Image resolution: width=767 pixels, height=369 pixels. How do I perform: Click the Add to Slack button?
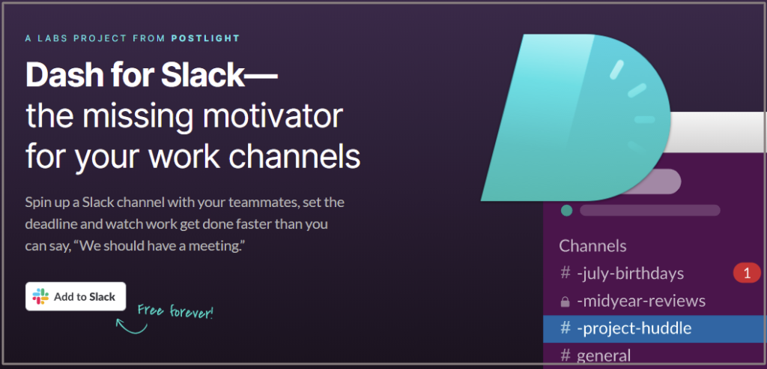coord(75,296)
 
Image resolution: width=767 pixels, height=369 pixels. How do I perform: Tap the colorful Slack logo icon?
coord(40,296)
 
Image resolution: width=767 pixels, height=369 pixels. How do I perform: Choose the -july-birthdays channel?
coord(630,274)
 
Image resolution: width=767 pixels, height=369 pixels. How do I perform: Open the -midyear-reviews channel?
coord(640,301)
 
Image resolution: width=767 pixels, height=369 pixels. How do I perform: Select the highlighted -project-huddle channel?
coord(634,328)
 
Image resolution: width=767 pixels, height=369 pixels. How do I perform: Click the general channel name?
coord(603,355)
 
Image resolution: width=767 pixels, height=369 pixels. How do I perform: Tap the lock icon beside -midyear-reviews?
coord(566,301)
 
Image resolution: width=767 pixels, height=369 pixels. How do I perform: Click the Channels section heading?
coord(592,245)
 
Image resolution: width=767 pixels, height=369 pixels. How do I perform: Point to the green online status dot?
coord(567,210)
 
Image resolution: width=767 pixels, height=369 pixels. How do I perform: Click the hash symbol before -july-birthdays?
coord(566,274)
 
